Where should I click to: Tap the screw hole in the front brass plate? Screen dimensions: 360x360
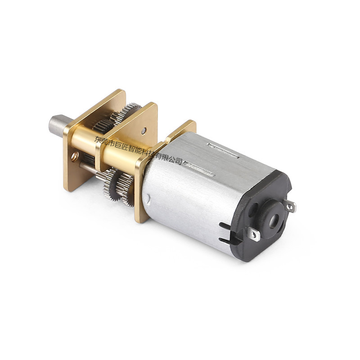tap(75, 157)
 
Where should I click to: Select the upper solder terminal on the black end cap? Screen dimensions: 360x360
tap(291, 207)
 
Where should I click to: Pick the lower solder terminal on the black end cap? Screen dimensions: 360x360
tap(255, 234)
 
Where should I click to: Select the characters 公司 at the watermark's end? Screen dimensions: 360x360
tap(175, 160)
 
